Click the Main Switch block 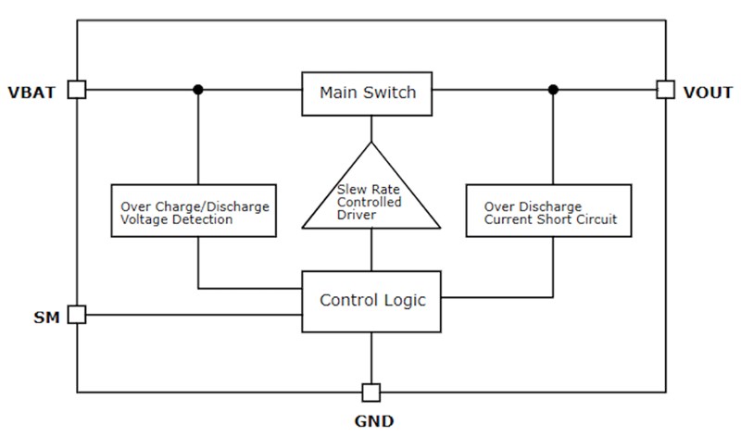[368, 93]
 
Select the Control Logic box [371, 301]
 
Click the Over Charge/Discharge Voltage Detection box [195, 212]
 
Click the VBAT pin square [78, 90]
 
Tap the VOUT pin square [665, 90]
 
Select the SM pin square [78, 315]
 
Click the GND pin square [371, 392]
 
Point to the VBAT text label [31, 92]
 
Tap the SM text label [46, 318]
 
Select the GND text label [373, 421]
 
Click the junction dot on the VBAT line [198, 90]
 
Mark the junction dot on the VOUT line [553, 90]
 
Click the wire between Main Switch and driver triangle [371, 128]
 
